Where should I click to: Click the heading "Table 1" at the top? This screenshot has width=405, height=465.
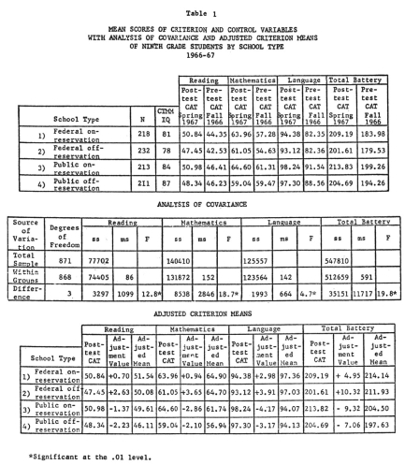point(202,7)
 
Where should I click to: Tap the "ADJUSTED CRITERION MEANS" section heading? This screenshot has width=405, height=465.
point(202,313)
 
